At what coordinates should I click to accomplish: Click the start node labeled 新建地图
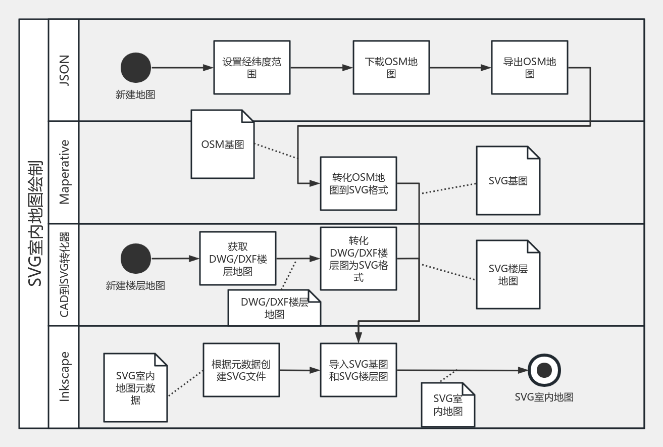(135, 68)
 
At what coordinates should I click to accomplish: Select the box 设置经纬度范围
(252, 68)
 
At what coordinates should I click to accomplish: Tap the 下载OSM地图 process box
(391, 68)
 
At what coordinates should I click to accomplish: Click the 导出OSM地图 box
(530, 68)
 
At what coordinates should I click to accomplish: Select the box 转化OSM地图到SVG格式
(359, 183)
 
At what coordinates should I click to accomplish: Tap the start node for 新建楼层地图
(135, 259)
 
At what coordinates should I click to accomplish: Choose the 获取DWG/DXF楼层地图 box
(238, 258)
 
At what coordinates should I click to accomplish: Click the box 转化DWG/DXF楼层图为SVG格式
(359, 259)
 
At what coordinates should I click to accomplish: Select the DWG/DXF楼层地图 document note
(274, 308)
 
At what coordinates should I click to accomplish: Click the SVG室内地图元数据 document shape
(135, 388)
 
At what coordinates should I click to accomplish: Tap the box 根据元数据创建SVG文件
(241, 370)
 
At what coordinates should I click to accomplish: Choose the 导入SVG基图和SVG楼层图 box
(359, 370)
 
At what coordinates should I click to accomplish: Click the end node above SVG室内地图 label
(544, 371)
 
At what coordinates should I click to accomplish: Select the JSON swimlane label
(64, 70)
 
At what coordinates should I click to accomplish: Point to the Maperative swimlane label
(64, 172)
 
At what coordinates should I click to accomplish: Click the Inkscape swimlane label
(64, 377)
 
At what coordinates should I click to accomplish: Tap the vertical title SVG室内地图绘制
(34, 224)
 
